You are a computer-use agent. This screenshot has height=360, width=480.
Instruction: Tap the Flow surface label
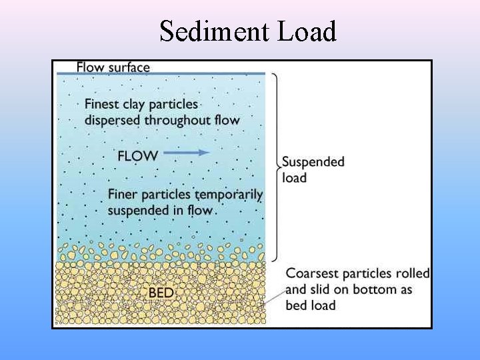click(x=113, y=67)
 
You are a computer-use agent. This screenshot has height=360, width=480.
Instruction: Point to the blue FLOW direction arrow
click(x=187, y=152)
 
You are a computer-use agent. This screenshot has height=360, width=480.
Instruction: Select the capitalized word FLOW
click(x=137, y=156)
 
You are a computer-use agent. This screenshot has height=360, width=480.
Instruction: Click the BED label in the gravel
click(x=161, y=293)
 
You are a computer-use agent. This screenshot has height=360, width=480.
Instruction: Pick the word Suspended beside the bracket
click(x=313, y=162)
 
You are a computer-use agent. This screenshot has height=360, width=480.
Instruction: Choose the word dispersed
click(x=113, y=120)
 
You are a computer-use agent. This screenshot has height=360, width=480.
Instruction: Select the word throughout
click(x=179, y=120)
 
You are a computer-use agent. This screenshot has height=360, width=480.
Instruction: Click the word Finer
click(x=123, y=195)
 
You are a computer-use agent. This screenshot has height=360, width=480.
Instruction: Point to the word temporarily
click(x=230, y=195)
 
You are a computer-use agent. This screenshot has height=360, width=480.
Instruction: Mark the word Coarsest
click(x=312, y=273)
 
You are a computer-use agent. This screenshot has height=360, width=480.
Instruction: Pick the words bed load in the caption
click(x=310, y=305)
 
